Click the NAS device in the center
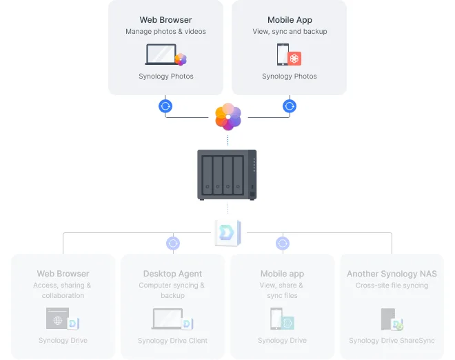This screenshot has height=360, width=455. pyautogui.click(x=228, y=174)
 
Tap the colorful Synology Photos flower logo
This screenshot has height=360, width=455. pyautogui.click(x=228, y=117)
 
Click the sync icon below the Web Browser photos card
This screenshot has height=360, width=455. pyautogui.click(x=165, y=106)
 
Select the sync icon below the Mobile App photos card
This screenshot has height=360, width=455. pyautogui.click(x=290, y=106)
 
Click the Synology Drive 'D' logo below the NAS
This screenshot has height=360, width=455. pyautogui.click(x=227, y=233)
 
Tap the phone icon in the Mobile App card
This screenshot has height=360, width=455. pyautogui.click(x=282, y=55)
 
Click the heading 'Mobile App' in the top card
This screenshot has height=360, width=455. pyautogui.click(x=290, y=20)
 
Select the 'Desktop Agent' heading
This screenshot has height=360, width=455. pyautogui.click(x=172, y=274)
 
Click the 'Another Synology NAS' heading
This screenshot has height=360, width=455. pyautogui.click(x=392, y=274)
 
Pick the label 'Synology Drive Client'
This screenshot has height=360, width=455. pyautogui.click(x=172, y=341)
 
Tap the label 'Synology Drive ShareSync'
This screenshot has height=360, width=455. pyautogui.click(x=392, y=341)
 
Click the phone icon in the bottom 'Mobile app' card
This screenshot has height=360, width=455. pyautogui.click(x=276, y=319)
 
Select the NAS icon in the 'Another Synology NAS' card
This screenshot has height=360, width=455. pyautogui.click(x=387, y=319)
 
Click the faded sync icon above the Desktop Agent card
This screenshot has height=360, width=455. pyautogui.click(x=173, y=243)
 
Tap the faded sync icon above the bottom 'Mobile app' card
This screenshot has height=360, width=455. pyautogui.click(x=283, y=243)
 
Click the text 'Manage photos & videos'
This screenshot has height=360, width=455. pyautogui.click(x=165, y=32)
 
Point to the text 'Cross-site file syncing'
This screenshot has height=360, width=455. pyautogui.click(x=392, y=285)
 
